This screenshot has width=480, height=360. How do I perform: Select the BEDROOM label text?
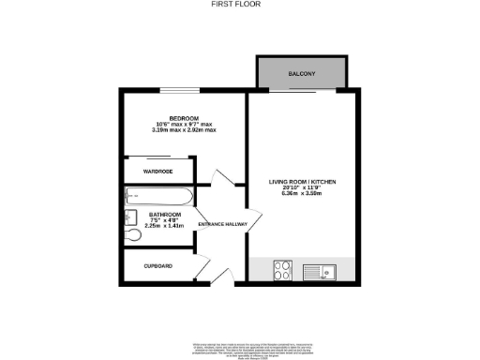pos(172,117)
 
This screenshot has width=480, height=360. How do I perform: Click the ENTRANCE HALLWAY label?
pos(221,235)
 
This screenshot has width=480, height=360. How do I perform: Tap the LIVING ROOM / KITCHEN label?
pos(302,181)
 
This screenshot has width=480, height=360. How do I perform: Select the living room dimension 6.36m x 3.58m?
pos(302,194)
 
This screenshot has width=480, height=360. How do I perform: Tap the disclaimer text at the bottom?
pos(239,345)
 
